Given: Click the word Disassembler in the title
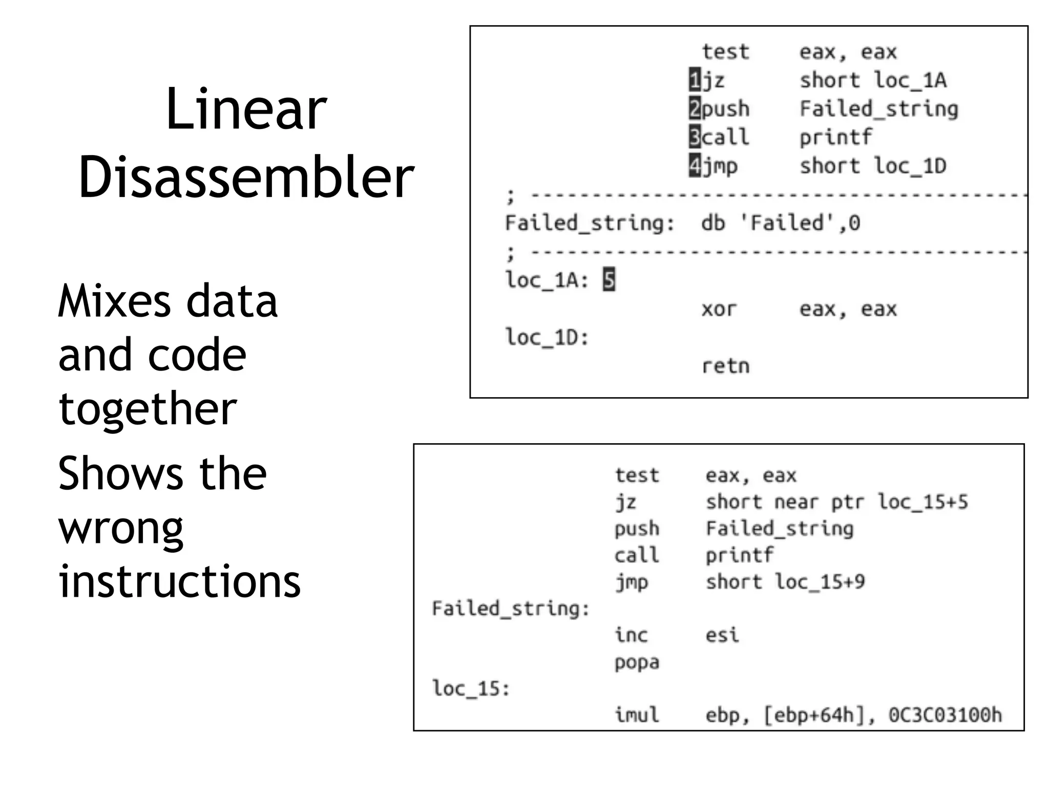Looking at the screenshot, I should pyautogui.click(x=246, y=177).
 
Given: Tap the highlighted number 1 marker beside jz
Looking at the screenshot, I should pyautogui.click(x=695, y=80).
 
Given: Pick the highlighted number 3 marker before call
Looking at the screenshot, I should pyautogui.click(x=695, y=137).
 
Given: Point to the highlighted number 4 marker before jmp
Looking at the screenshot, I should pyautogui.click(x=695, y=166).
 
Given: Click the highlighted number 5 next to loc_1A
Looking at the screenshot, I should pyautogui.click(x=609, y=280).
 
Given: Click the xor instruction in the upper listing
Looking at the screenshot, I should pyautogui.click(x=719, y=309).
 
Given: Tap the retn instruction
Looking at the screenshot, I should pyautogui.click(x=725, y=366).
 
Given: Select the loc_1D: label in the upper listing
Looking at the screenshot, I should pyautogui.click(x=547, y=338).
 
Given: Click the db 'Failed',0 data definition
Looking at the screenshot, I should pyautogui.click(x=780, y=223).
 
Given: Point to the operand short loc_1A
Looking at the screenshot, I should pyautogui.click(x=873, y=80).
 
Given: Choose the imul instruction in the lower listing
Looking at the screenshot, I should pyautogui.click(x=637, y=715).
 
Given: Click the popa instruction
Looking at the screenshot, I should pyautogui.click(x=637, y=662).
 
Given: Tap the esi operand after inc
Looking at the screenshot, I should pyautogui.click(x=722, y=635).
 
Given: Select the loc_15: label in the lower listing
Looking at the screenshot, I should pyautogui.click(x=471, y=688).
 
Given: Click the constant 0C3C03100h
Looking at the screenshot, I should pyautogui.click(x=945, y=715).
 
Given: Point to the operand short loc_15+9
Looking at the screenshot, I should pyautogui.click(x=785, y=582).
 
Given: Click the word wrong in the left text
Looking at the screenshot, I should pyautogui.click(x=121, y=528).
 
